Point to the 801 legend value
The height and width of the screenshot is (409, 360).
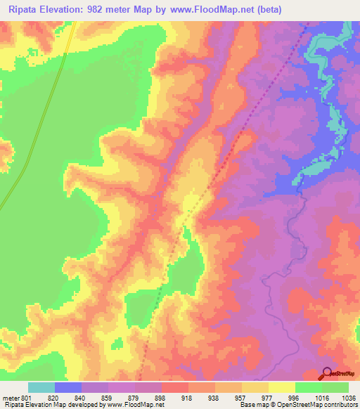pyautogui.click(x=27, y=398)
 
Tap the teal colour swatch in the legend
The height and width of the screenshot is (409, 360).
pyautogui.click(x=41, y=387)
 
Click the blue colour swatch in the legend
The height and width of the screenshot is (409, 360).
pyautogui.click(x=68, y=387)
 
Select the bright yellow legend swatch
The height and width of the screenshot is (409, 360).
pyautogui.click(x=281, y=387)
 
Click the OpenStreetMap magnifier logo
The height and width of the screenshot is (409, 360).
pyautogui.click(x=327, y=374)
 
